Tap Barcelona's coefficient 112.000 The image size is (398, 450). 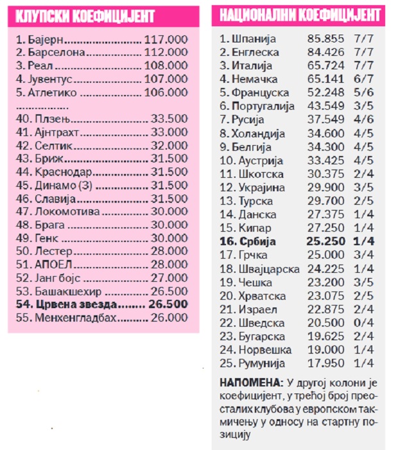pyautogui.click(x=166, y=52)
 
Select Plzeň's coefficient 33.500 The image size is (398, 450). pyautogui.click(x=169, y=119)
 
